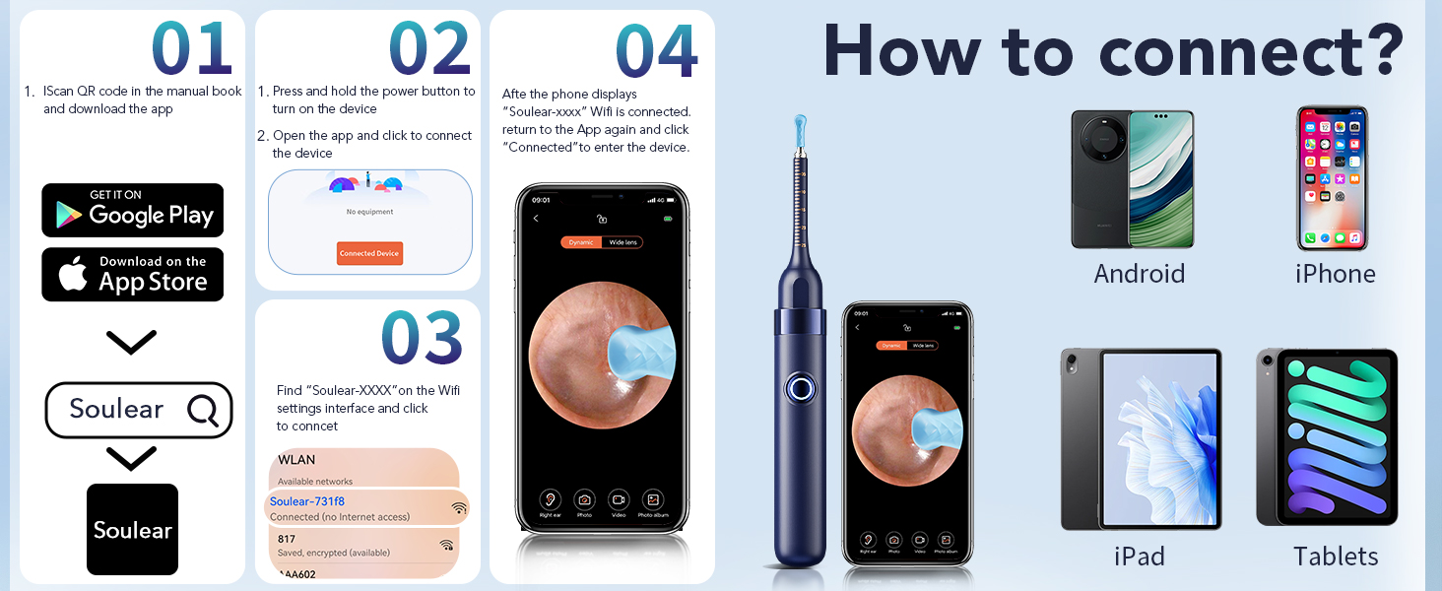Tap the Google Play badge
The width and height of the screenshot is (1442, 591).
(x=132, y=210)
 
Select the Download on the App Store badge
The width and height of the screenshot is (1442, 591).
(x=132, y=275)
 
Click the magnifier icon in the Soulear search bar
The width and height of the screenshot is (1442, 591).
(x=203, y=410)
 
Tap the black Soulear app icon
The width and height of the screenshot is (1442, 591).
(x=132, y=529)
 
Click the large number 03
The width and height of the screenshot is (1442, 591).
(x=422, y=338)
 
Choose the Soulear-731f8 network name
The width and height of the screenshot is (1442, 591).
(x=306, y=502)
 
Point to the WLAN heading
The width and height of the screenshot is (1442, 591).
(x=296, y=460)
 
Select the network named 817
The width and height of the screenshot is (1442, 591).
(x=287, y=539)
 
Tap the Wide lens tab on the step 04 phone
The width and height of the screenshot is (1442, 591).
(x=623, y=242)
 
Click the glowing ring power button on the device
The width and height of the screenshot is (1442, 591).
(x=799, y=388)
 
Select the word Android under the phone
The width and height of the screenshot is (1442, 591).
(x=1139, y=273)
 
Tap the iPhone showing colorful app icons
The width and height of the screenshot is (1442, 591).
(x=1332, y=179)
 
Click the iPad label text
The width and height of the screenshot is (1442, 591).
(x=1139, y=556)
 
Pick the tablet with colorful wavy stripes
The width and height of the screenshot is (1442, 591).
(x=1327, y=436)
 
